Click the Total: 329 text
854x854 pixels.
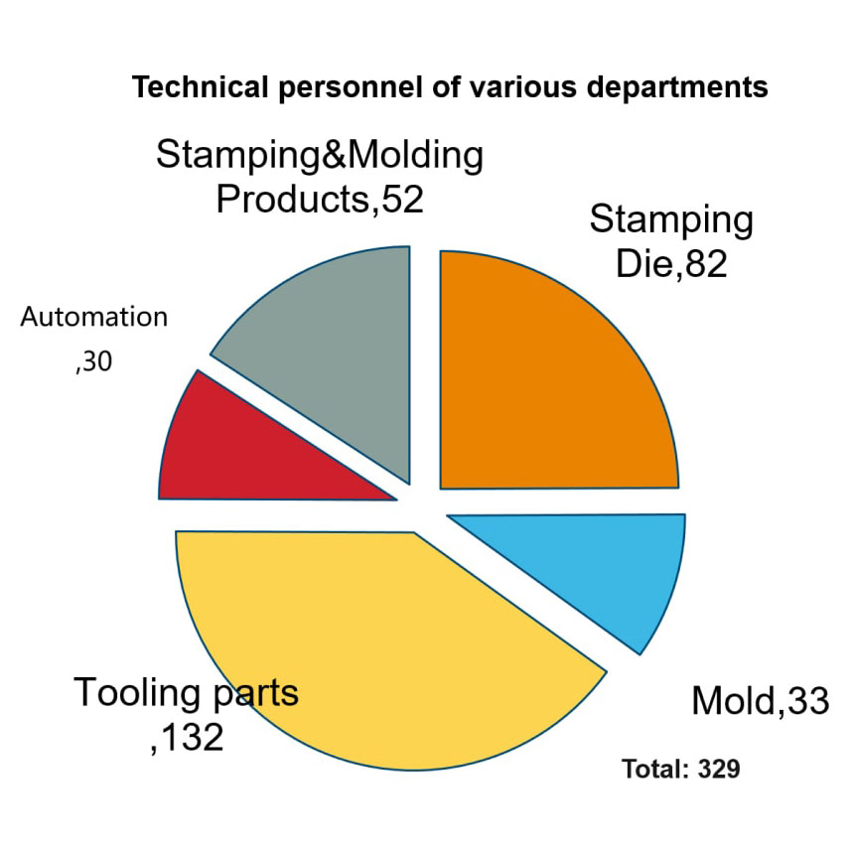point(680,769)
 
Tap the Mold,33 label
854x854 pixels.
point(760,702)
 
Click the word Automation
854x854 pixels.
point(94,318)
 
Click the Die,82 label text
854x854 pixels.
point(671,263)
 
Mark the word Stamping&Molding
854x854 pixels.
point(320,155)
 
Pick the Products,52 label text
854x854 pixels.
point(320,200)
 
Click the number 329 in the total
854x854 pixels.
point(719,769)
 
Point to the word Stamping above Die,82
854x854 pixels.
point(671,219)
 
